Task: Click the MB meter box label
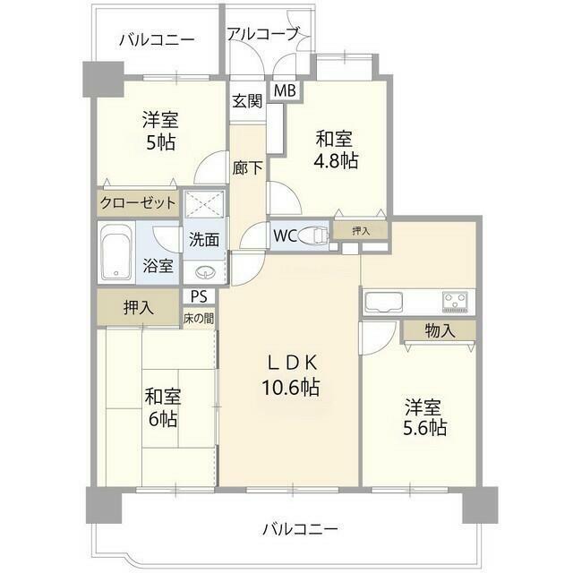click(x=285, y=90)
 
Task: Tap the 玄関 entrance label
click(x=247, y=101)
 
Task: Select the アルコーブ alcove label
click(x=263, y=34)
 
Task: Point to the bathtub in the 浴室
click(x=115, y=252)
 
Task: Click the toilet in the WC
click(x=313, y=236)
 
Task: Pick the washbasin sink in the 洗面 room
click(x=204, y=272)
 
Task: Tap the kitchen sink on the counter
click(x=383, y=303)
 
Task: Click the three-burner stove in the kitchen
click(x=456, y=302)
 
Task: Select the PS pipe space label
click(x=199, y=296)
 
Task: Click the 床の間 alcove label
click(x=199, y=319)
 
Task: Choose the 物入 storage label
click(x=440, y=331)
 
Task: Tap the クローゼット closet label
click(x=138, y=202)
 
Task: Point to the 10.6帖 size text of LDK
click(x=290, y=388)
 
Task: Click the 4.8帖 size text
click(x=336, y=159)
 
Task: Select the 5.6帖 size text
click(x=424, y=427)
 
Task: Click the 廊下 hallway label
click(x=247, y=168)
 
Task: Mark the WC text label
click(x=285, y=236)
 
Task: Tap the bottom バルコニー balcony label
click(x=300, y=529)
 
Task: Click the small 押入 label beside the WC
click(x=361, y=231)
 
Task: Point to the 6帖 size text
click(x=163, y=420)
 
